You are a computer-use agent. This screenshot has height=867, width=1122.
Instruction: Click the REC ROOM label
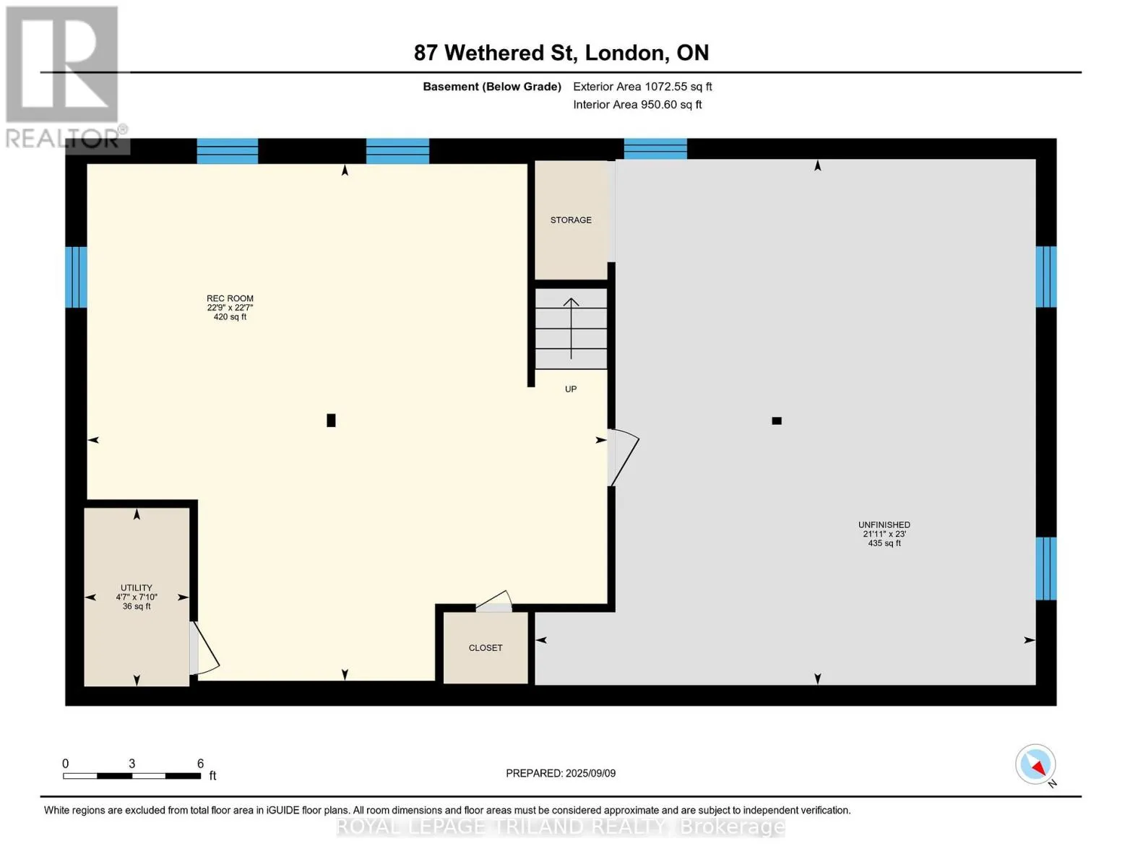coord(230,298)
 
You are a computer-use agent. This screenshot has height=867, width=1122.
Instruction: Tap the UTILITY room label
coord(137,587)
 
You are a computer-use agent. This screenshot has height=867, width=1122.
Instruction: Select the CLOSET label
coord(486,647)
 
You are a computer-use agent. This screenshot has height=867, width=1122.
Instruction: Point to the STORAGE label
coord(571,220)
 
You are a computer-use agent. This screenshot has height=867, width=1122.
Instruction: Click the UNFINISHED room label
coord(884,525)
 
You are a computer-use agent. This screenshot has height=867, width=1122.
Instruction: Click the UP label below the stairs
coord(571,389)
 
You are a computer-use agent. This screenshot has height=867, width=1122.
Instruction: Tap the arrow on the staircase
coord(571,329)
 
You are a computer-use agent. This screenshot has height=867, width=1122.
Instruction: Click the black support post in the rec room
coord(331,420)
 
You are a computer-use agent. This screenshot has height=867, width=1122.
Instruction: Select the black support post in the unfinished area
coord(776,420)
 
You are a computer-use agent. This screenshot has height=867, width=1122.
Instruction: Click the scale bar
coord(131,775)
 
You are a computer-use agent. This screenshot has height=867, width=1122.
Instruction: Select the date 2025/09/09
coord(590,773)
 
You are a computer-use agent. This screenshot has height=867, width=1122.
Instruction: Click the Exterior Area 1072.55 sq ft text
coord(642,87)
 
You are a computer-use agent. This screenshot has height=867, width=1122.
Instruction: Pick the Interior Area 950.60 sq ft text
coord(637,105)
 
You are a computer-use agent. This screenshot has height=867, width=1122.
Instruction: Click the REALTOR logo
coord(64,77)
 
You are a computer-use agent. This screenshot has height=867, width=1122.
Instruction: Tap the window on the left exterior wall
coord(76,277)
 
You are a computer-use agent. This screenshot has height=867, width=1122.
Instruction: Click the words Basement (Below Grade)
coord(491,87)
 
